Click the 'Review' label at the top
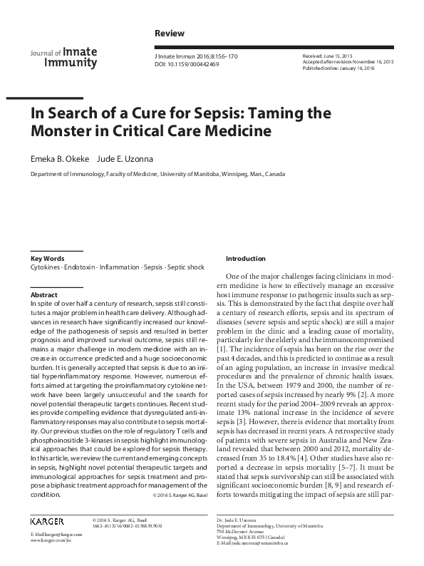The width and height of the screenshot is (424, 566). point(169,34)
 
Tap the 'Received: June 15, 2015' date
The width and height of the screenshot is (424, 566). point(327,56)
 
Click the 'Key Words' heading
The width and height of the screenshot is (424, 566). point(47,258)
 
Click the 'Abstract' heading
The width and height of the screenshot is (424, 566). point(44,294)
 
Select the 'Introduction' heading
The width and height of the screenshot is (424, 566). point(246,258)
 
